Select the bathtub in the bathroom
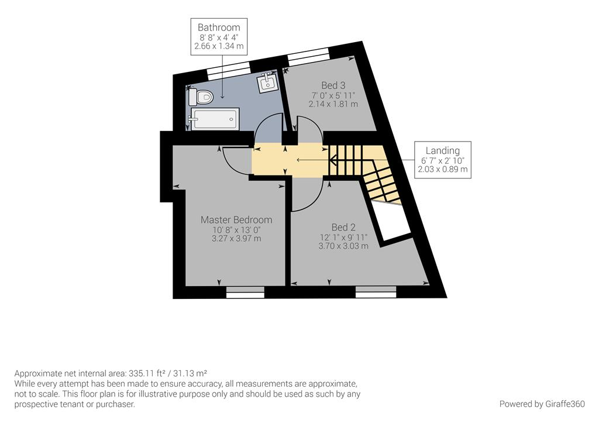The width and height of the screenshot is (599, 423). tap(214, 119)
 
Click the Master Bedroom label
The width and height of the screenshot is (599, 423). tap(236, 220)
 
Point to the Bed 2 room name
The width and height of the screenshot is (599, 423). tap(343, 228)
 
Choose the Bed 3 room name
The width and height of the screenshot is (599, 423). tap(333, 85)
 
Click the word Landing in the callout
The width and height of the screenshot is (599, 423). tap(443, 150)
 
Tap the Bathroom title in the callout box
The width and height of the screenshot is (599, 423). tap(219, 27)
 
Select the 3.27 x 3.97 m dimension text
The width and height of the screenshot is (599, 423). tap(236, 239)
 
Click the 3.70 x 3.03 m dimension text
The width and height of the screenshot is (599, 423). tap(343, 246)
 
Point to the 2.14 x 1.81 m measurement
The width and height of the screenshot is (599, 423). tap(333, 104)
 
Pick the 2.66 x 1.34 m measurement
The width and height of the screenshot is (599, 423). tap(219, 46)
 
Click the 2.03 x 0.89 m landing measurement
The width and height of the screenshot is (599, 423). tap(443, 169)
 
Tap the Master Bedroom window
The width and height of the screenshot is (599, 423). tap(245, 293)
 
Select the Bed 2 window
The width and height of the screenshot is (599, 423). tap(376, 293)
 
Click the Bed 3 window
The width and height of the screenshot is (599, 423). tap(308, 54)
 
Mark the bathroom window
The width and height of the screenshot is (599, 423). tap(229, 70)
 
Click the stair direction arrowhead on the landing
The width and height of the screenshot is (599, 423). tap(332, 160)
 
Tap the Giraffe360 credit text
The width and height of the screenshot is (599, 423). tap(542, 404)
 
